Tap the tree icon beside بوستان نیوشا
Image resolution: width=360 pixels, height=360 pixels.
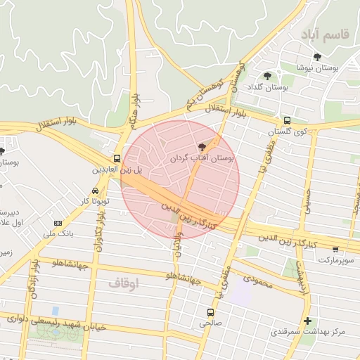(x=317, y=57)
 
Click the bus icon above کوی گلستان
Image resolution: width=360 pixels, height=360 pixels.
(x=287, y=120)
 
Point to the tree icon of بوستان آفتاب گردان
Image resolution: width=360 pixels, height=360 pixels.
(x=202, y=147)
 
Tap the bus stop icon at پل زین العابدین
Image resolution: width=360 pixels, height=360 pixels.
(x=116, y=158)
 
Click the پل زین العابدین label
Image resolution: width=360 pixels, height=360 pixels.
(x=117, y=170)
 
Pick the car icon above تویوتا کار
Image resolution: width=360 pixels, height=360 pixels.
(x=95, y=191)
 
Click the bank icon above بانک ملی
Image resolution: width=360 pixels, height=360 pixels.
(x=58, y=223)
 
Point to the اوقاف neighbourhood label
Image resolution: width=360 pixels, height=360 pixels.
(x=126, y=283)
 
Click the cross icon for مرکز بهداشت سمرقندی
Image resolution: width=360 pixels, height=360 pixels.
(x=307, y=321)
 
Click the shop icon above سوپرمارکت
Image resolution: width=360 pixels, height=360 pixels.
(x=335, y=249)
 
